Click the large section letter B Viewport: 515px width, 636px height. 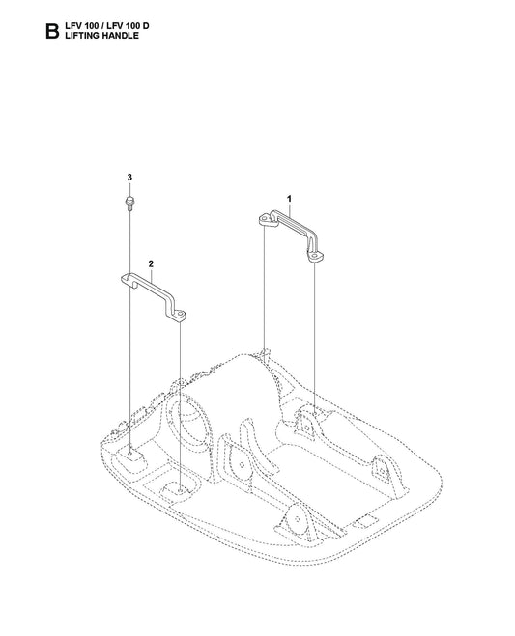click(52, 31)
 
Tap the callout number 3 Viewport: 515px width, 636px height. click(129, 178)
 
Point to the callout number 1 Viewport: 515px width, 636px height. click(289, 199)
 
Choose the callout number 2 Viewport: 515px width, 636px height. click(151, 264)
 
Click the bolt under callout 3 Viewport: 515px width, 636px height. click(129, 204)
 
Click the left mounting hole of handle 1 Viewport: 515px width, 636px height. click(265, 219)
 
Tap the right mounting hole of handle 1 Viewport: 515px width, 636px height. click(315, 257)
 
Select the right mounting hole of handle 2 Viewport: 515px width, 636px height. click(180, 314)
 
